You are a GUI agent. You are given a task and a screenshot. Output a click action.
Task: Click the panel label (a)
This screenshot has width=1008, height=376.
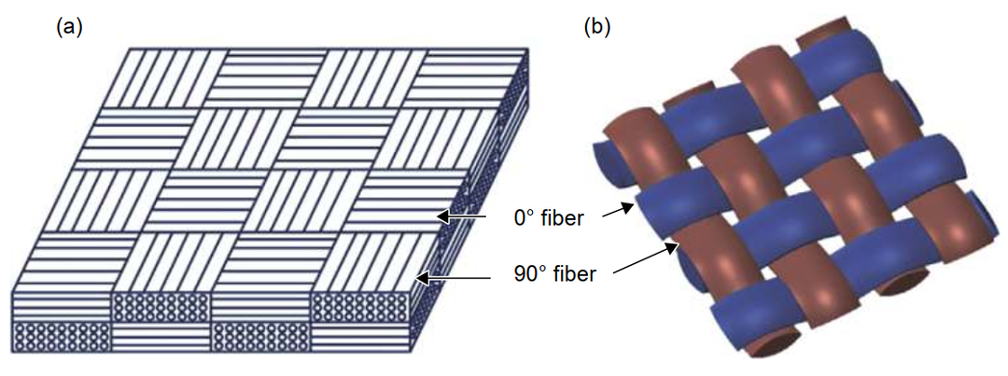[x=70, y=27]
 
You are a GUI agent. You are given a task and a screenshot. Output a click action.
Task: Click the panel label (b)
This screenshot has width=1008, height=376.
[x=597, y=27]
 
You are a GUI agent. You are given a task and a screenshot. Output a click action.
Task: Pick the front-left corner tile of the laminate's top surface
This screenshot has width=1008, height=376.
[x=70, y=265]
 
